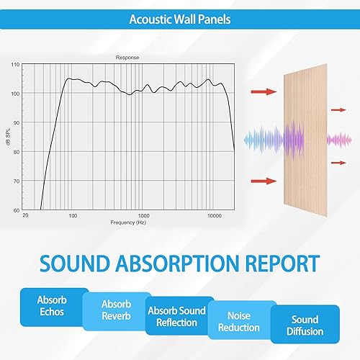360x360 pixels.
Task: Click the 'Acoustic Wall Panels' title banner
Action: pyautogui.click(x=180, y=19)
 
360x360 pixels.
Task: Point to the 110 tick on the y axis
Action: pyautogui.click(x=16, y=65)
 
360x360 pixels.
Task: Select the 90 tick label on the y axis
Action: pyautogui.click(x=17, y=122)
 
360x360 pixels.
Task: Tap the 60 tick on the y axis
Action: pyautogui.click(x=17, y=210)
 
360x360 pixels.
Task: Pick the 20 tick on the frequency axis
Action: pyautogui.click(x=25, y=216)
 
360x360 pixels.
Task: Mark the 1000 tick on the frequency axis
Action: pyautogui.click(x=143, y=216)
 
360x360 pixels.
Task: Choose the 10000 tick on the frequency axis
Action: pyautogui.click(x=214, y=216)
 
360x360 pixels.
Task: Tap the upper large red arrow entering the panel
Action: pyautogui.click(x=265, y=92)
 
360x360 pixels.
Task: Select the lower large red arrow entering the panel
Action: pyautogui.click(x=265, y=181)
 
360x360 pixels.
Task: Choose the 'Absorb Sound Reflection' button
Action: pyautogui.click(x=176, y=318)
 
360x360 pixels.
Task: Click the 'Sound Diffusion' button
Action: pyautogui.click(x=305, y=325)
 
